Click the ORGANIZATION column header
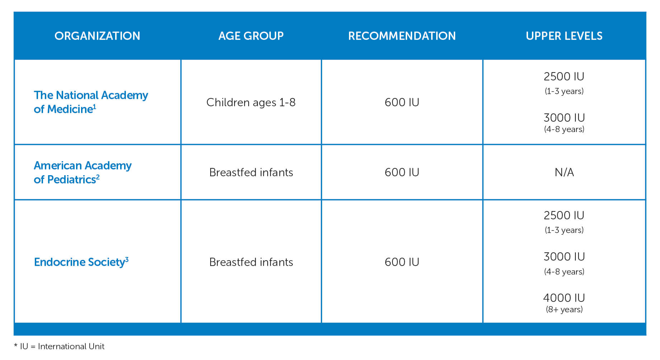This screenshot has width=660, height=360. (97, 36)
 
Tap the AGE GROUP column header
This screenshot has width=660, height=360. (251, 36)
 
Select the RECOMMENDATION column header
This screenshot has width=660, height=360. (402, 36)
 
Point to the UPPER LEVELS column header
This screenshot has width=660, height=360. (564, 36)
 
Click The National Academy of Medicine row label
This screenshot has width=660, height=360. (91, 102)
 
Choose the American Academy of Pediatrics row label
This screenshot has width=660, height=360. (82, 172)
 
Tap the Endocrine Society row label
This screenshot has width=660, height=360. (81, 262)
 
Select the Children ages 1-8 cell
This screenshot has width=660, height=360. (251, 103)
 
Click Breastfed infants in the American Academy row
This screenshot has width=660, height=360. (251, 172)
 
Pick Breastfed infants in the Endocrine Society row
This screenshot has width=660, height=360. (251, 262)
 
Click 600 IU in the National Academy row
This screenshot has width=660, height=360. (402, 102)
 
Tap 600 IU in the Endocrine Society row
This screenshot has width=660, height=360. (402, 262)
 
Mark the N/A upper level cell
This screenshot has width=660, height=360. (564, 172)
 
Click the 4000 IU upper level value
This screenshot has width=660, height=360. (564, 298)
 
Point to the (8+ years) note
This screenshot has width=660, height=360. (564, 309)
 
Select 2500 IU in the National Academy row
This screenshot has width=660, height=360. (564, 76)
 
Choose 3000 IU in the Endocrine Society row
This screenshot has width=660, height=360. (564, 257)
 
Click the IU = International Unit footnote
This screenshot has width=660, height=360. (62, 346)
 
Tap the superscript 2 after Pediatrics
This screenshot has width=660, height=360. (98, 177)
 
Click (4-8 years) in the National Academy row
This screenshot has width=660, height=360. (564, 129)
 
